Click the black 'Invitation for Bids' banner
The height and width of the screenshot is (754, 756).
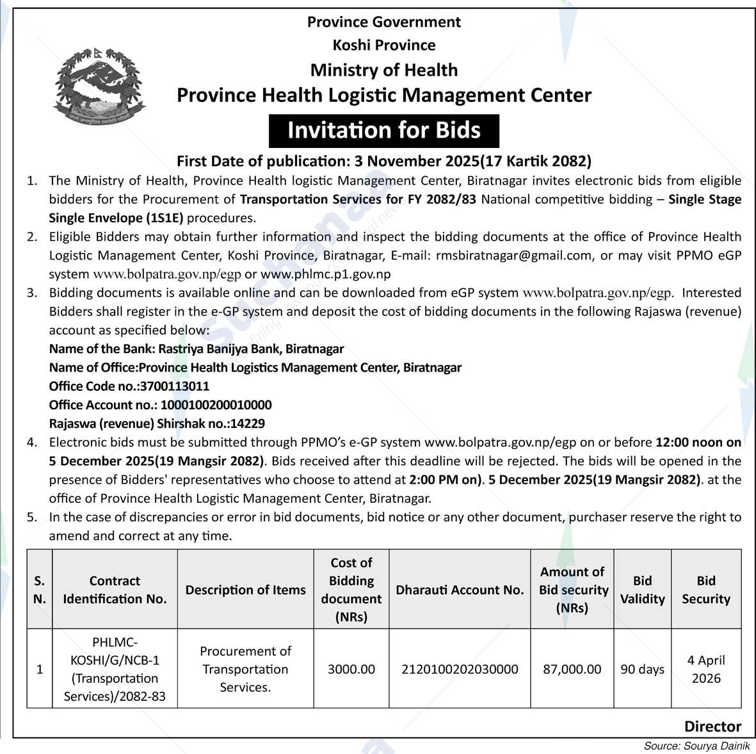[x=383, y=131]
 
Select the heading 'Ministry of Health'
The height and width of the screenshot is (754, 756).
[x=383, y=70]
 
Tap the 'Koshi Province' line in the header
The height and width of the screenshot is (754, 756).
[x=383, y=45]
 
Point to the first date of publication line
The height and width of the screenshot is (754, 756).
[x=383, y=161]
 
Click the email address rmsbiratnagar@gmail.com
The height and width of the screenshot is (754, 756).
[x=513, y=256]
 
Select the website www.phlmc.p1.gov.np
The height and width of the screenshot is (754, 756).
[x=325, y=274]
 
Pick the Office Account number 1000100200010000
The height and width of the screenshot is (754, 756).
[x=216, y=405]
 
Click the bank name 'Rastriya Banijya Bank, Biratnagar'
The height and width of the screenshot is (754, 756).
[x=250, y=349]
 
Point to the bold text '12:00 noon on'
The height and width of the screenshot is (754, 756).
[x=698, y=442]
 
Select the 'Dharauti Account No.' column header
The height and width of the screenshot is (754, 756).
[x=460, y=590]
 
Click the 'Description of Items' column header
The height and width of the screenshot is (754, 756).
[x=245, y=590]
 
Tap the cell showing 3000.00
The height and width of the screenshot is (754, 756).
[x=351, y=669]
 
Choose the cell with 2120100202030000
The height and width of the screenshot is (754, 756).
[x=460, y=669]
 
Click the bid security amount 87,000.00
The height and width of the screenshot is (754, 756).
[x=572, y=669]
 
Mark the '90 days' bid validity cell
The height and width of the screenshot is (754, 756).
[x=642, y=669]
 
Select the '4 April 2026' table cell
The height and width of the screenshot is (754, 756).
[x=706, y=669]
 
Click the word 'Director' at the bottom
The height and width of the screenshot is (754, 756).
[x=712, y=726]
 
